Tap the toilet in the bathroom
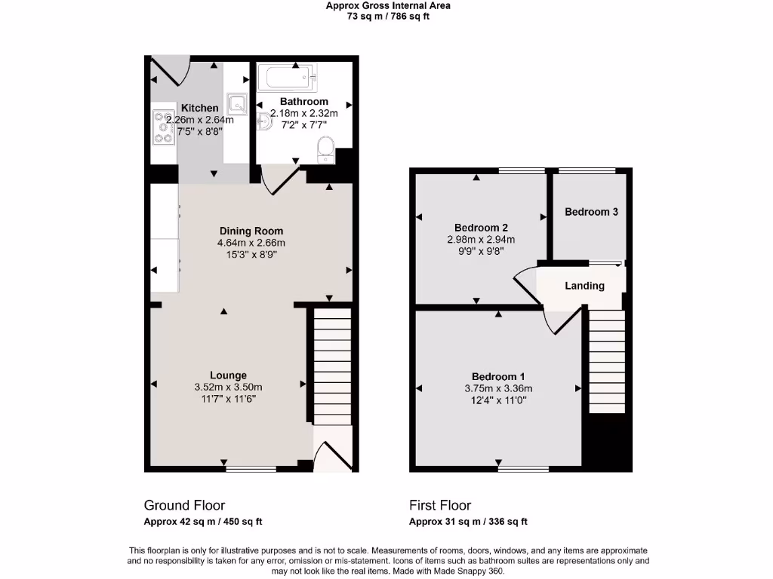coord(326,149)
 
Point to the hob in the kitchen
coord(163,127)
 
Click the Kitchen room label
coord(199,108)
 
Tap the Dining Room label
coord(251,231)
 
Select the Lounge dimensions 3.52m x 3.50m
coord(228,388)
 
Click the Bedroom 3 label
coord(591,212)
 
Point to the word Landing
coord(584,286)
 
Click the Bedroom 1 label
coord(498,377)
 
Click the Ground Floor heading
coord(184,505)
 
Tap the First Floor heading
coord(440,505)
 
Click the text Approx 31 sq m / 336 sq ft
coord(468,522)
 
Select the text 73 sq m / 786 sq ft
coord(388,16)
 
